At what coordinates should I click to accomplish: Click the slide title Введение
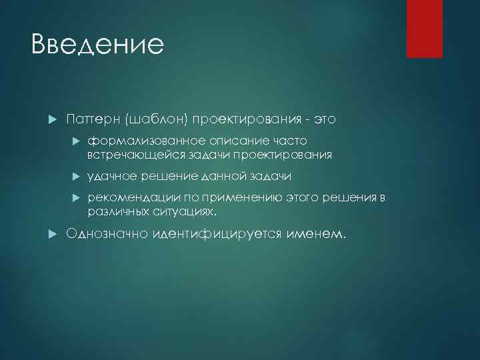(x=97, y=45)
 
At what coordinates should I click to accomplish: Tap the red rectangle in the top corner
(x=425, y=29)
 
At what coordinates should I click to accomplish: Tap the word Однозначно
(x=106, y=234)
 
